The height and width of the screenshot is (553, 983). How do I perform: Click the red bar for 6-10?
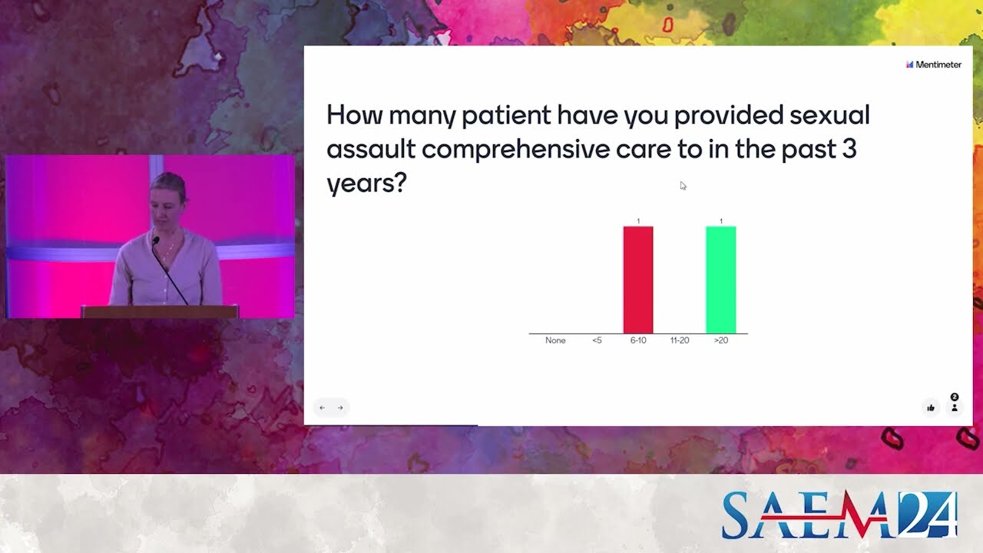(x=637, y=280)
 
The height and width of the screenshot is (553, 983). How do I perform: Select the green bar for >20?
(x=720, y=280)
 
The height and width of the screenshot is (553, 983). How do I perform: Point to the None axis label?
(x=555, y=340)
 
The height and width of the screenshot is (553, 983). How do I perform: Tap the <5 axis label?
(x=597, y=340)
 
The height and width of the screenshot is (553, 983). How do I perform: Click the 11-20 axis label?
(x=680, y=340)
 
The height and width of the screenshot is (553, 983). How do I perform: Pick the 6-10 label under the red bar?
(x=638, y=340)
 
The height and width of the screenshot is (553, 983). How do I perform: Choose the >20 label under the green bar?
(x=721, y=340)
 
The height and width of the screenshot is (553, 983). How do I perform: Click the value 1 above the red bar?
(x=638, y=221)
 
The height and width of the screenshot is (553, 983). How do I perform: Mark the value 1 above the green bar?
(x=721, y=221)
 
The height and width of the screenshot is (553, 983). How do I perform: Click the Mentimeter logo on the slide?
(x=933, y=65)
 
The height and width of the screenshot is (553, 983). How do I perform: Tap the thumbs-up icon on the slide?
(x=931, y=408)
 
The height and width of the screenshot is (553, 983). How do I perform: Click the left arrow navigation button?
(x=323, y=408)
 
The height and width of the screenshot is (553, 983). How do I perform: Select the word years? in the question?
(x=366, y=183)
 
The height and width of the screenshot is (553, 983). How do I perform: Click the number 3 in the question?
(x=849, y=149)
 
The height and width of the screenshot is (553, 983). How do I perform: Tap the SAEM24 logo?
(x=839, y=514)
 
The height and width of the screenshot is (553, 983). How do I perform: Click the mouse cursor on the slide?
(x=683, y=185)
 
